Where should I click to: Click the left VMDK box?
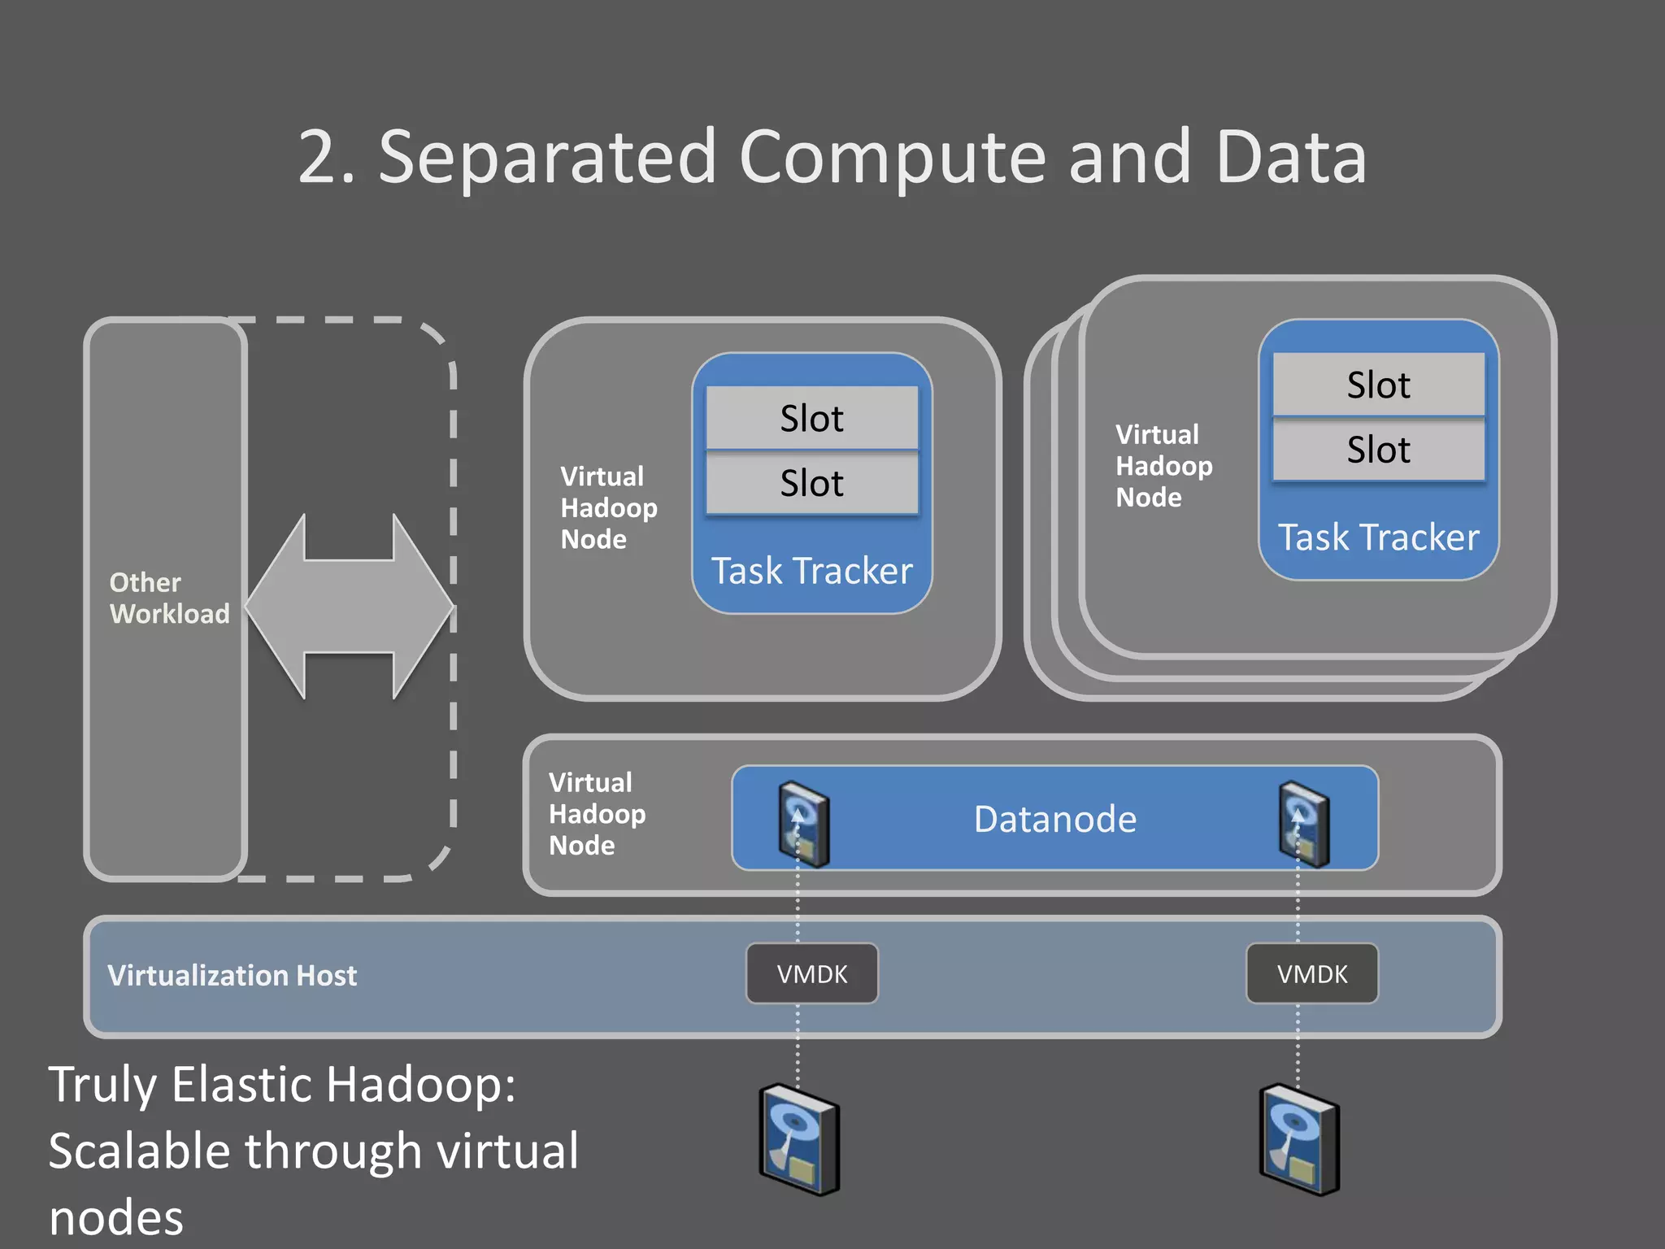coord(811,973)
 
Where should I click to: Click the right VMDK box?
coord(1311,973)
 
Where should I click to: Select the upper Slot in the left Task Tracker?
coord(811,418)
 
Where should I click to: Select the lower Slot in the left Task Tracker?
coord(811,483)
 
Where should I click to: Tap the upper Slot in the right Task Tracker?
coord(1378,385)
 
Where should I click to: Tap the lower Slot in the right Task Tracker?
coord(1378,450)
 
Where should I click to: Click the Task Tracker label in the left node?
coord(811,571)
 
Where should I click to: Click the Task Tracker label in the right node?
coord(1378,537)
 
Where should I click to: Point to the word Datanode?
coord(1054,819)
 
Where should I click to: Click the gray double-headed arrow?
coord(350,607)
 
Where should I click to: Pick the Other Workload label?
coord(169,598)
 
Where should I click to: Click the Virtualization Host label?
coord(232,975)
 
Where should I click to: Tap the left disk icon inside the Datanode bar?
coord(803,824)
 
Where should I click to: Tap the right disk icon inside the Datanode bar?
coord(1303,824)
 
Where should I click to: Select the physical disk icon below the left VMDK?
coord(799,1140)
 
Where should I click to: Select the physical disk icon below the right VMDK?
coord(1299,1140)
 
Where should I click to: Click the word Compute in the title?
coord(892,158)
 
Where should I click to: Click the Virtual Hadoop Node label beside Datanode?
coord(597,814)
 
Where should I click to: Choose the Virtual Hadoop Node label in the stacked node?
coord(1163,466)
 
